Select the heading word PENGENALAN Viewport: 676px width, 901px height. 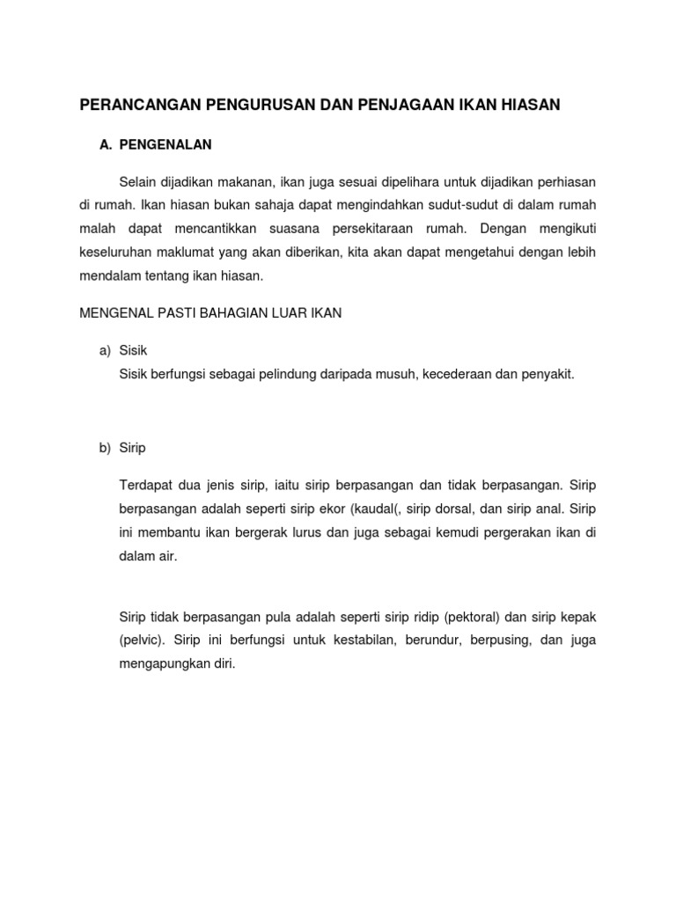click(x=165, y=143)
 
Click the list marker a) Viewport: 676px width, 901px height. click(x=104, y=351)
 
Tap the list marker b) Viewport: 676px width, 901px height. click(x=104, y=448)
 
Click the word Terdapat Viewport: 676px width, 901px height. click(x=144, y=486)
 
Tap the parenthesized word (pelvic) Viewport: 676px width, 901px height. click(x=142, y=641)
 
